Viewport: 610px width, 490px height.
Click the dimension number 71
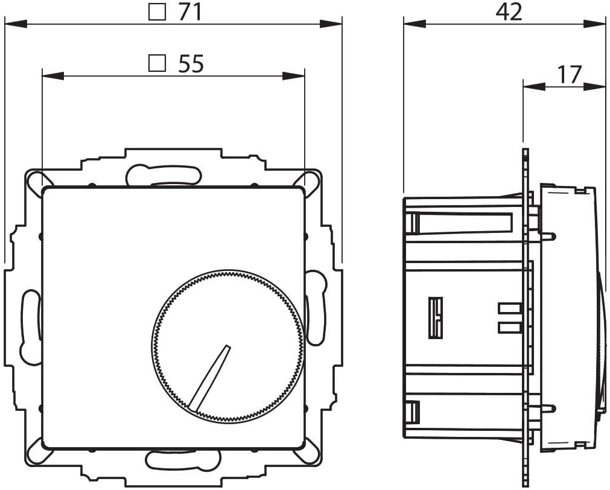point(189,12)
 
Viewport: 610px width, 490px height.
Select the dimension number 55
point(191,63)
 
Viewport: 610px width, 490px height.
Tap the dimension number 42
point(509,11)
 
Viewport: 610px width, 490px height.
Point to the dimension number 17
point(568,74)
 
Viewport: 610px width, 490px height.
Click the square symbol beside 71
point(157,12)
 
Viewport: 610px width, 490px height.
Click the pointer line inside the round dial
point(209,378)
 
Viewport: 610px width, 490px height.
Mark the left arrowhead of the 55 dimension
point(52,76)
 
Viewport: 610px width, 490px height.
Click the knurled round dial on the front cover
point(227,347)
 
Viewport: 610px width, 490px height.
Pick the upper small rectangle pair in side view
point(509,309)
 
